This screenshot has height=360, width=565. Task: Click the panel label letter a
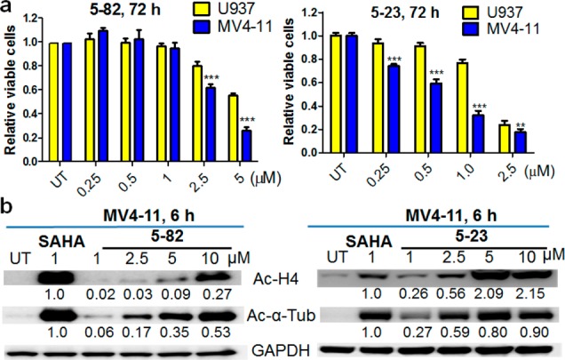point(7,8)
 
